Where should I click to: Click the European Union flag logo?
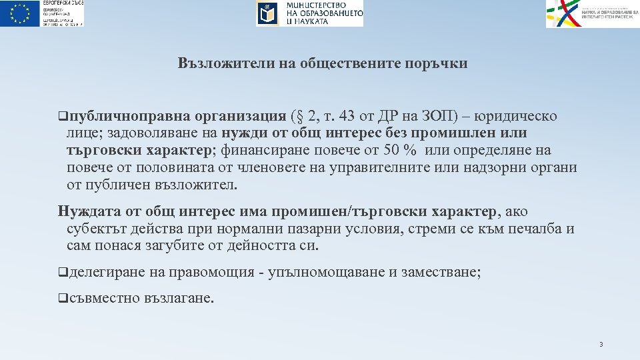click(x=20, y=13)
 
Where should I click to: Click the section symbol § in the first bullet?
click(x=300, y=117)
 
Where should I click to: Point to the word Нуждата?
click(x=89, y=212)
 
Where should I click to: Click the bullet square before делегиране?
click(x=62, y=272)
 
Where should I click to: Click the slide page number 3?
click(x=601, y=345)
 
